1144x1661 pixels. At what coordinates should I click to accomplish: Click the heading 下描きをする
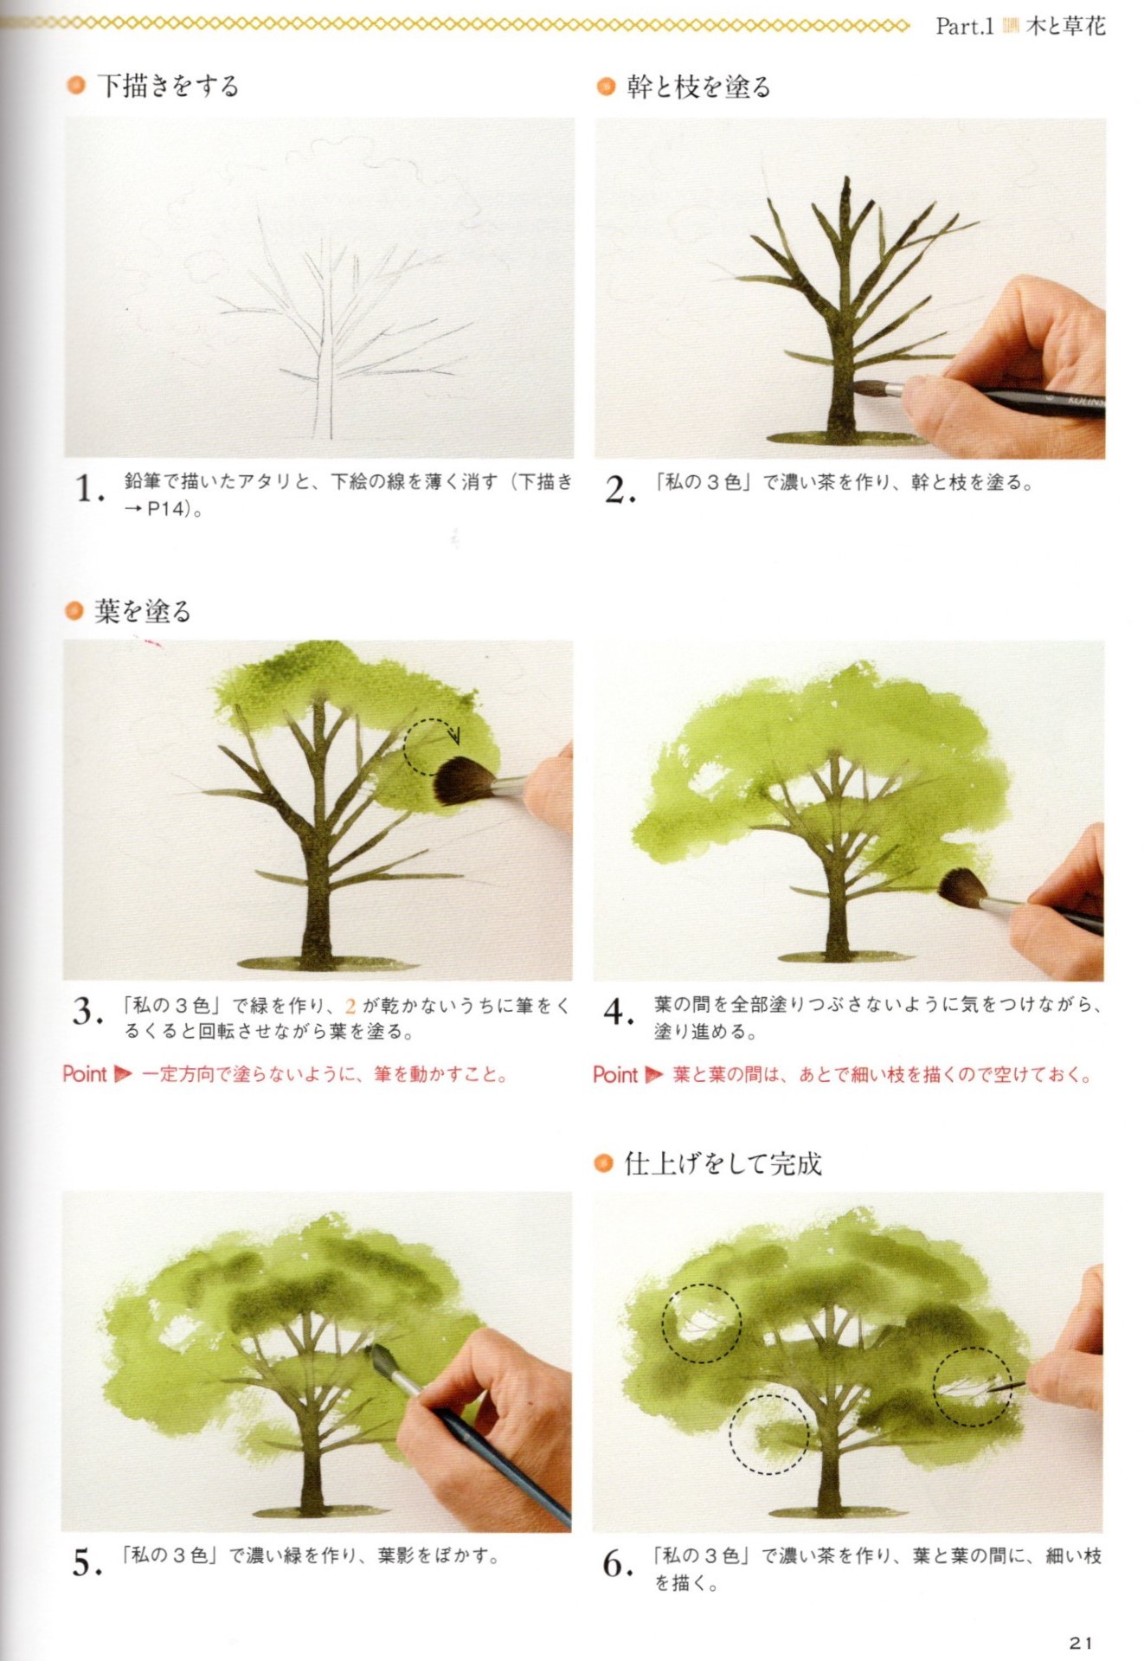167,86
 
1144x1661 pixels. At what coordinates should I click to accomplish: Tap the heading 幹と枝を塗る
697,87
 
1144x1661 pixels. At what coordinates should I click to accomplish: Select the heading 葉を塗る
142,612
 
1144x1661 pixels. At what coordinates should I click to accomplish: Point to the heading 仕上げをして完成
723,1164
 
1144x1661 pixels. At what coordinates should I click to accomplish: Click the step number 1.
88,490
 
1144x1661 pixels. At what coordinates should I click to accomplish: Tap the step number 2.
620,490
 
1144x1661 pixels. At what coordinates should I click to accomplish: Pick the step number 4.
619,1012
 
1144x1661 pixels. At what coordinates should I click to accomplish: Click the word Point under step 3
85,1075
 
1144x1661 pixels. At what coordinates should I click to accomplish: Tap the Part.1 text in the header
963,27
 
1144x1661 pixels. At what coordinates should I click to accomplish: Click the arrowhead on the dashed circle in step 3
454,737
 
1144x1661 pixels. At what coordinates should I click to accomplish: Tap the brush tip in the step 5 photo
378,1357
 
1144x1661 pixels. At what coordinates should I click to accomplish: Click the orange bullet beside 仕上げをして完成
603,1164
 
